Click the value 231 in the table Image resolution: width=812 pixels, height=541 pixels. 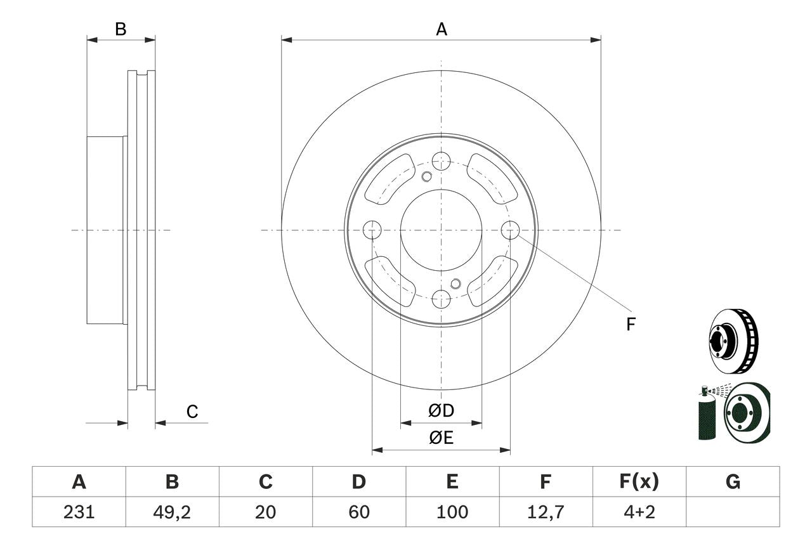pyautogui.click(x=79, y=512)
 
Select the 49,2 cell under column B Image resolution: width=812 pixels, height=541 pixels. pyautogui.click(x=172, y=512)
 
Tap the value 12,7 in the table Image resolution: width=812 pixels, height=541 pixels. pyautogui.click(x=546, y=512)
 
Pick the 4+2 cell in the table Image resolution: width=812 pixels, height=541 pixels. pyautogui.click(x=639, y=512)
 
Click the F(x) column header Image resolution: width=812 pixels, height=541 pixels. pyautogui.click(x=639, y=481)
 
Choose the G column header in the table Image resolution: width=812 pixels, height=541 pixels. pyautogui.click(x=733, y=481)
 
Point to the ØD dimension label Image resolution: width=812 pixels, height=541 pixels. pyautogui.click(x=441, y=410)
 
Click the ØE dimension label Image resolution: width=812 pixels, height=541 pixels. pyautogui.click(x=441, y=438)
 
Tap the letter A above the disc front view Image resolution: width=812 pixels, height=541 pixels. pyautogui.click(x=442, y=29)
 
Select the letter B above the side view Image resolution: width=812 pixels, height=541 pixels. pyautogui.click(x=121, y=29)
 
